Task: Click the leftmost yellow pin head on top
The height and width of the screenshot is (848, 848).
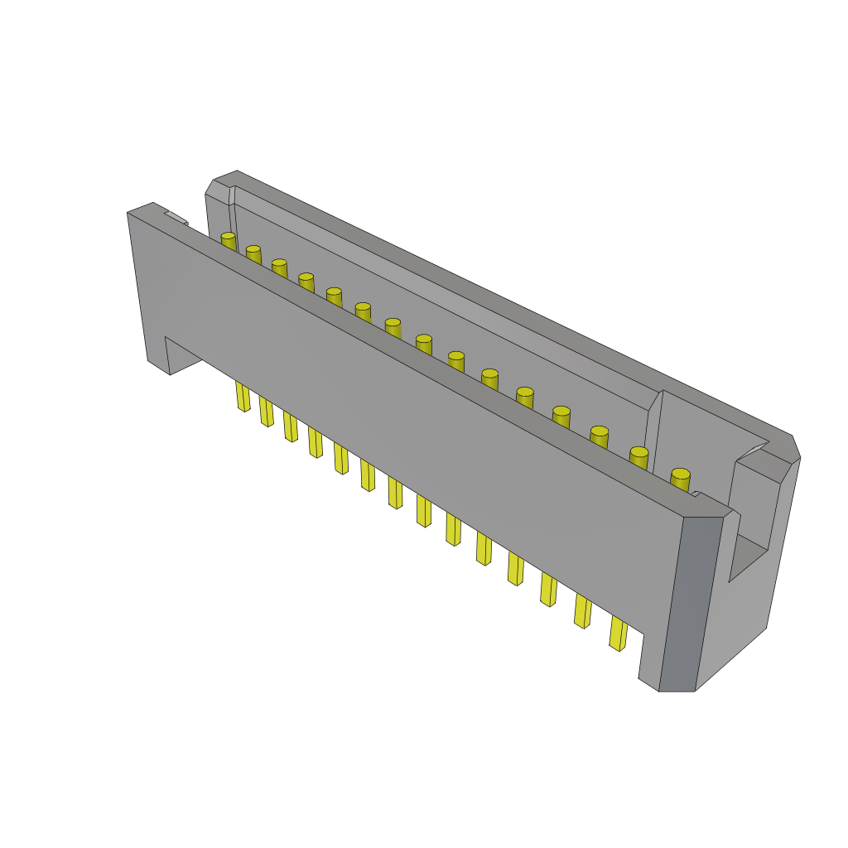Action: pyautogui.click(x=228, y=238)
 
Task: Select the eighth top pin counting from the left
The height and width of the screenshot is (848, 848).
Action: pyautogui.click(x=423, y=341)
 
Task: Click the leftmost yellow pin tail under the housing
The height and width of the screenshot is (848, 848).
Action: pyautogui.click(x=243, y=396)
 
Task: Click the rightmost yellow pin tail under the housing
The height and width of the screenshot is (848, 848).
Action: pyautogui.click(x=618, y=633)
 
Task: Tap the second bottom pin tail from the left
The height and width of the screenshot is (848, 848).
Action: pyautogui.click(x=266, y=411)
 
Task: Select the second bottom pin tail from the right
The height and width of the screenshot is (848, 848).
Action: pyautogui.click(x=582, y=610)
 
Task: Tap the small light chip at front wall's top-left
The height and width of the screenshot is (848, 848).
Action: pyautogui.click(x=176, y=218)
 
